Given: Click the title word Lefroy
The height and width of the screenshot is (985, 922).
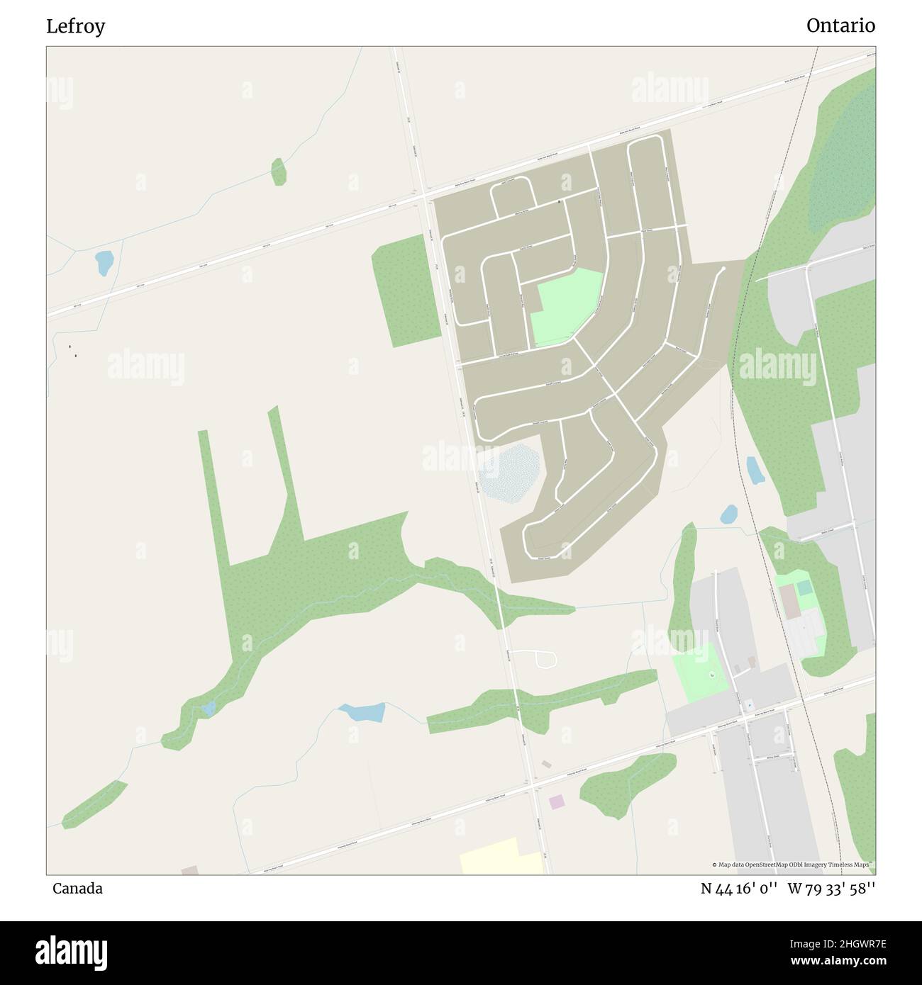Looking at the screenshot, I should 75,27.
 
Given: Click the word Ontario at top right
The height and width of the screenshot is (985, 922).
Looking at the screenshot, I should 840,26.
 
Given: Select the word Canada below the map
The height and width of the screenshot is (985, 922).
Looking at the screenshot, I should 77,889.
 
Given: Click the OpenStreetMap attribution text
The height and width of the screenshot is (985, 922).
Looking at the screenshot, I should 792,865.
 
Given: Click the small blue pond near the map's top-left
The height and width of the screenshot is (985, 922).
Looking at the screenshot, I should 104,263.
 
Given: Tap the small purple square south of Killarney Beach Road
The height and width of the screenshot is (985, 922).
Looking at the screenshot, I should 557,801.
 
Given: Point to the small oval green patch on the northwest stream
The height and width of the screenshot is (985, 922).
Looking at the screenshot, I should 279,171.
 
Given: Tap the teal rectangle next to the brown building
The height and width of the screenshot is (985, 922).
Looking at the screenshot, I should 804,588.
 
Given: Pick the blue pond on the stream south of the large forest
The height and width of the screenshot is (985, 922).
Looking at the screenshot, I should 362,711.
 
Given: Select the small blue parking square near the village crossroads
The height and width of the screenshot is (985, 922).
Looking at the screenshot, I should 748,706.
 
